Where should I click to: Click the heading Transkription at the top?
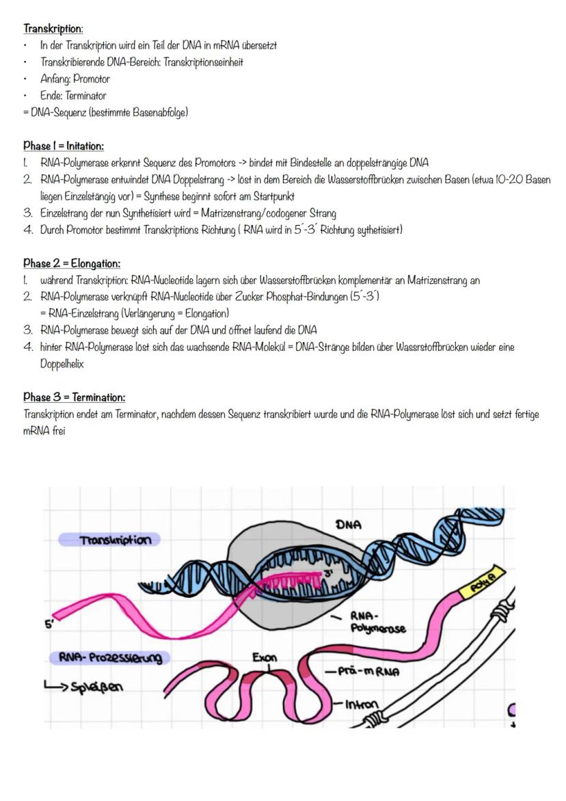coord(53,29)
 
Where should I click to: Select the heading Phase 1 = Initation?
coord(64,146)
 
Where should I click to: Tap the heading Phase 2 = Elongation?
coord(72,263)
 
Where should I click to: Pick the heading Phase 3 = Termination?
coord(75,397)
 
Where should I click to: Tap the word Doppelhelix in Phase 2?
coord(62,364)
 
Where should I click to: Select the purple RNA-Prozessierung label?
coord(109,658)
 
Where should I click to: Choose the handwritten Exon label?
coord(265,658)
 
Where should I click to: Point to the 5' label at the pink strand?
coord(49,625)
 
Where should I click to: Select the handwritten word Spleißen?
coord(95,685)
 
